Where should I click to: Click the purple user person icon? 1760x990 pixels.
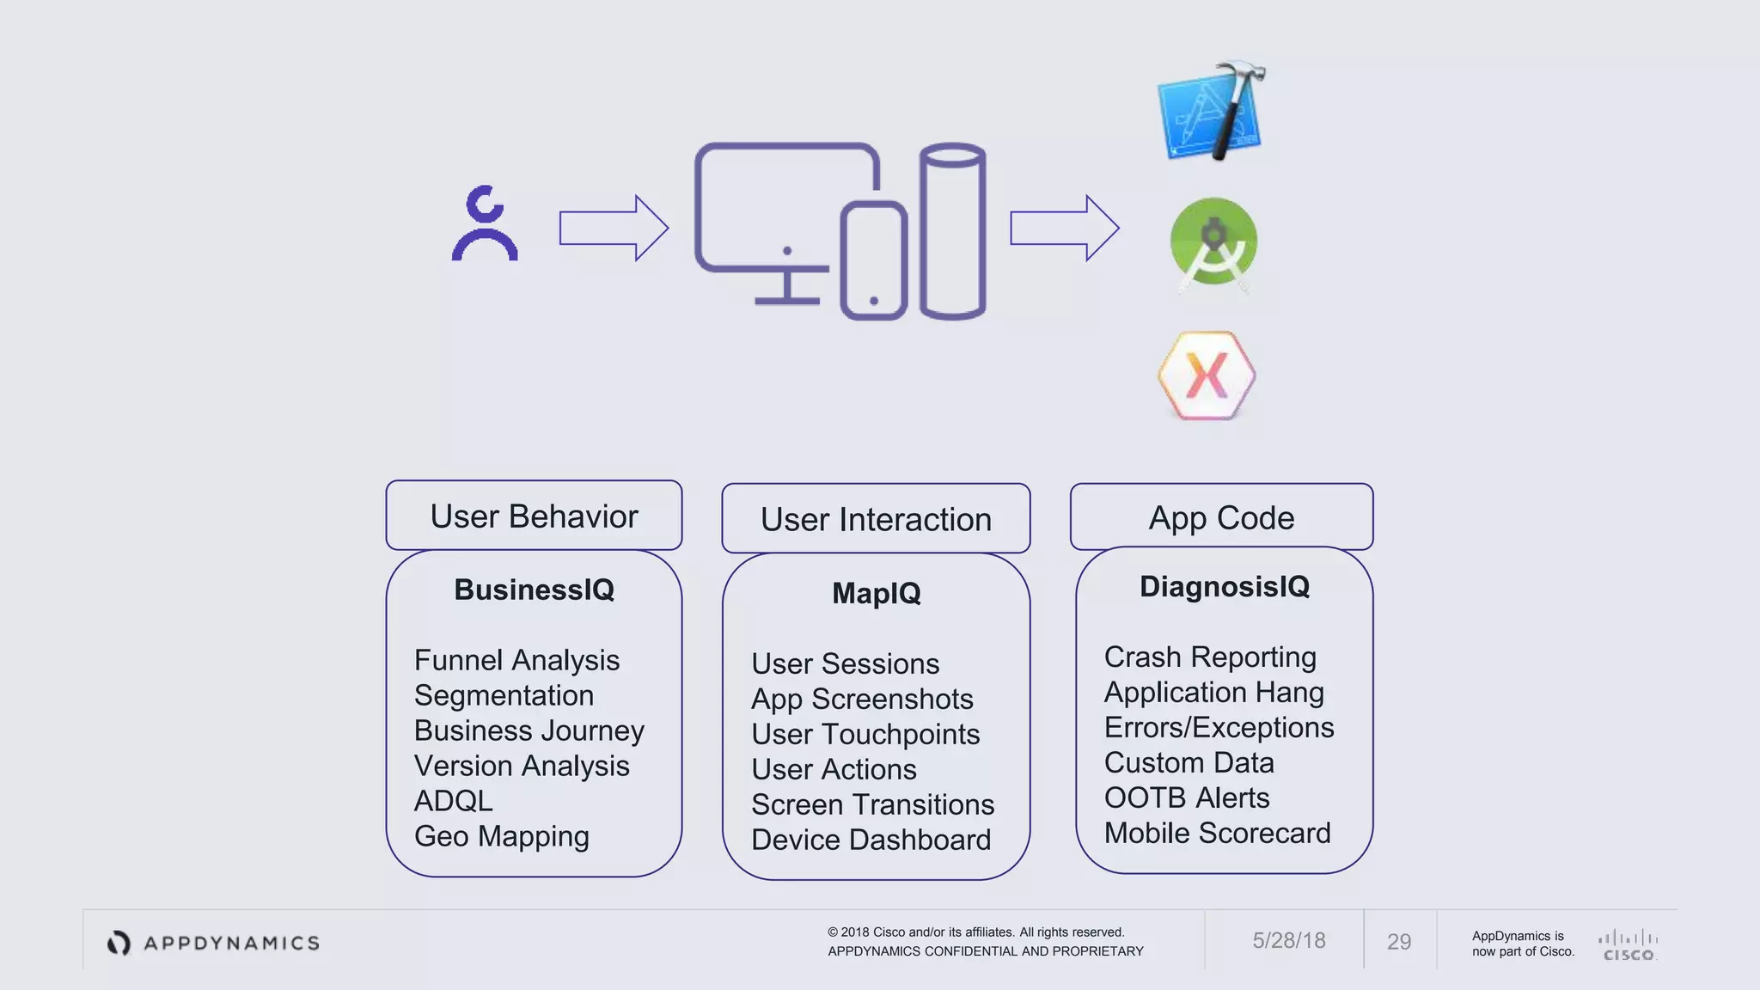(485, 223)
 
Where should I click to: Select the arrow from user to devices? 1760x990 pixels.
(613, 229)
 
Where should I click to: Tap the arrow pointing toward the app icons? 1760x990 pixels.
(1064, 229)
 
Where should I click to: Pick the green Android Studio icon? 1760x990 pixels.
(1213, 244)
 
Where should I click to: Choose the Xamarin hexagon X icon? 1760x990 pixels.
(1207, 376)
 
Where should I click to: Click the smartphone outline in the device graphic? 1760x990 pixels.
(874, 261)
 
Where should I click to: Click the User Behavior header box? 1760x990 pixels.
(534, 516)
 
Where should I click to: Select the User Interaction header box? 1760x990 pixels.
(876, 519)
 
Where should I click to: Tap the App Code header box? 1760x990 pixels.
(1221, 517)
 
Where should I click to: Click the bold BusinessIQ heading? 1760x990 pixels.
(534, 590)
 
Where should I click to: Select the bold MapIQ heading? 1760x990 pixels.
(876, 593)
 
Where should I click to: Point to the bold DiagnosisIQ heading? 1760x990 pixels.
(1224, 586)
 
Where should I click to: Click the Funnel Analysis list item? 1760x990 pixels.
(516, 660)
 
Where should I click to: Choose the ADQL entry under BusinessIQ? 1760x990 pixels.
(453, 801)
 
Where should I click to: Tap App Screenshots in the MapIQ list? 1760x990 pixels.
(862, 699)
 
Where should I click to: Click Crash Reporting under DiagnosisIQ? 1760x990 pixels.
(1209, 657)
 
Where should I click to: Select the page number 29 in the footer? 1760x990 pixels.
(1398, 942)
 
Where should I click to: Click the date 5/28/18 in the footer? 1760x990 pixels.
(1288, 940)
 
